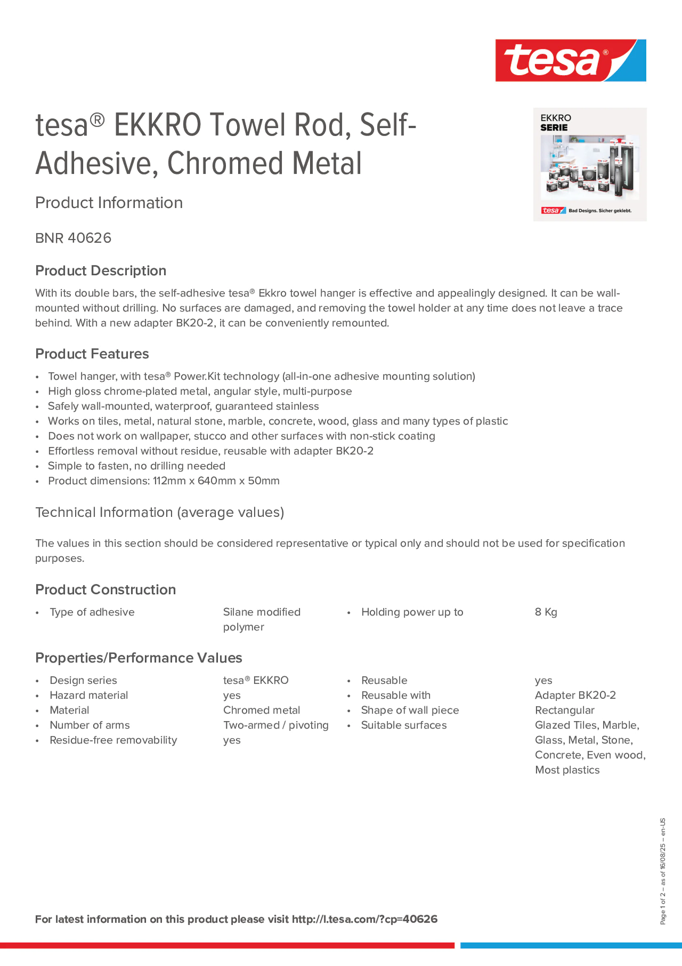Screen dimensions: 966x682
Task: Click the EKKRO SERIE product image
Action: [x=589, y=165]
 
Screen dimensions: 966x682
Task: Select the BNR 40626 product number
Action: [x=73, y=238]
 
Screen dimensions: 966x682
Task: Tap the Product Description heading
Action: [x=100, y=271]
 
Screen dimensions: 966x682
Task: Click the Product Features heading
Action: [x=92, y=354]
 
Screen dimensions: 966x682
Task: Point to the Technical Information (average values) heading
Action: [x=159, y=512]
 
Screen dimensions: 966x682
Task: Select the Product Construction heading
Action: [x=105, y=590]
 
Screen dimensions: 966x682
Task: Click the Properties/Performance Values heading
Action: [x=138, y=658]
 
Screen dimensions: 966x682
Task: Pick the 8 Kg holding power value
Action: [x=546, y=612]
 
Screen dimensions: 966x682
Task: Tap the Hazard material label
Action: [x=89, y=695]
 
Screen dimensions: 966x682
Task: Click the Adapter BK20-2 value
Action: [x=575, y=695]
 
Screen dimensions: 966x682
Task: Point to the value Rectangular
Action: [x=564, y=710]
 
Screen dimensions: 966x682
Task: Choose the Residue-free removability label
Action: [x=113, y=740]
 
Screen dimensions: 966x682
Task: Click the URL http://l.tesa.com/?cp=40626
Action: [x=364, y=919]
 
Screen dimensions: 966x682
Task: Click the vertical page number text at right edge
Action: [x=662, y=871]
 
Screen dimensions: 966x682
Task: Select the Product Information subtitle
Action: [x=108, y=203]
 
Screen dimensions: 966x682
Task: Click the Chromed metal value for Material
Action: [x=261, y=710]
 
